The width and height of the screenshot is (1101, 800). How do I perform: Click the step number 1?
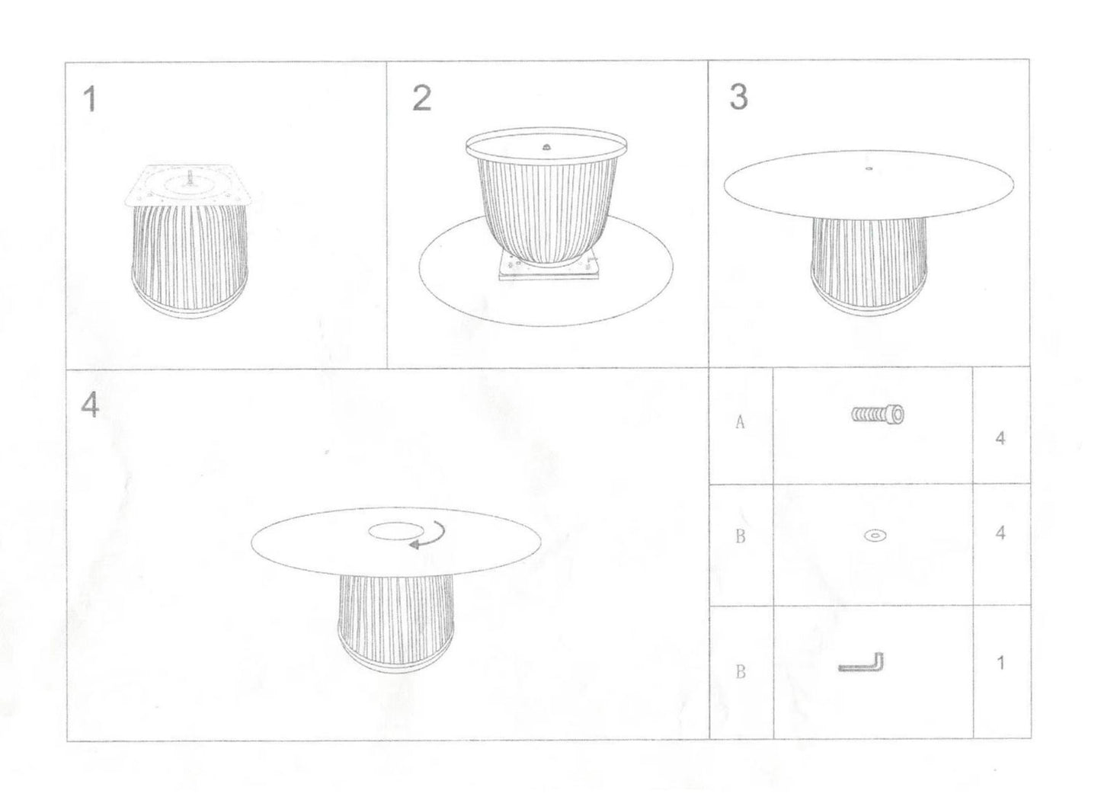click(90, 99)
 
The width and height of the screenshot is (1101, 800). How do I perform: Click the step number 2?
click(421, 98)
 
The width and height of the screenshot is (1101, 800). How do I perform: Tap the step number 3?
click(739, 97)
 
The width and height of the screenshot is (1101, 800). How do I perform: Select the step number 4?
click(90, 405)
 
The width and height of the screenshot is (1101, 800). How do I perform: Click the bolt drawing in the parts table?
click(877, 414)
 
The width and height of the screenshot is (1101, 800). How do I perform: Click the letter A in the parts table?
click(741, 422)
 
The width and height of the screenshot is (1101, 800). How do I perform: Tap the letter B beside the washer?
click(741, 536)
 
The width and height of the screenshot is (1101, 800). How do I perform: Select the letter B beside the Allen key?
click(741, 671)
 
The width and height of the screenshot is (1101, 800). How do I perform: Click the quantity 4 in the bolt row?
click(1000, 438)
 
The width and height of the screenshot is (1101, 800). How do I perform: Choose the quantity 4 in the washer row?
click(1000, 533)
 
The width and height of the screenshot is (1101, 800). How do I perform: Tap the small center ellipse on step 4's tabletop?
click(396, 531)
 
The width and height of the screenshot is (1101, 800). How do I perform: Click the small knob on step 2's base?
click(546, 147)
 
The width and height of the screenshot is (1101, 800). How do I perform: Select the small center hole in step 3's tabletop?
click(869, 169)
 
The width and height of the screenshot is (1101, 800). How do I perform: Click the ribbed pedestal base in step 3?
click(869, 266)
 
